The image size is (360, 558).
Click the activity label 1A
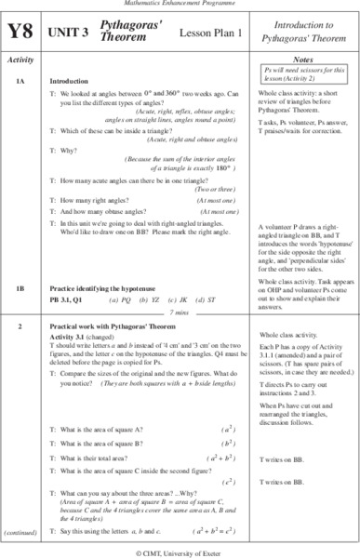(20, 82)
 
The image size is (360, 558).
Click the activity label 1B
(20, 262)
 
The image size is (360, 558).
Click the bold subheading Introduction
(69, 82)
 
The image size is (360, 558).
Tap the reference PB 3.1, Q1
(71, 273)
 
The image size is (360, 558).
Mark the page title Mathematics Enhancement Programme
(180, 7)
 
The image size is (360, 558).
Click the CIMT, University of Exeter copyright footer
(180, 551)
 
